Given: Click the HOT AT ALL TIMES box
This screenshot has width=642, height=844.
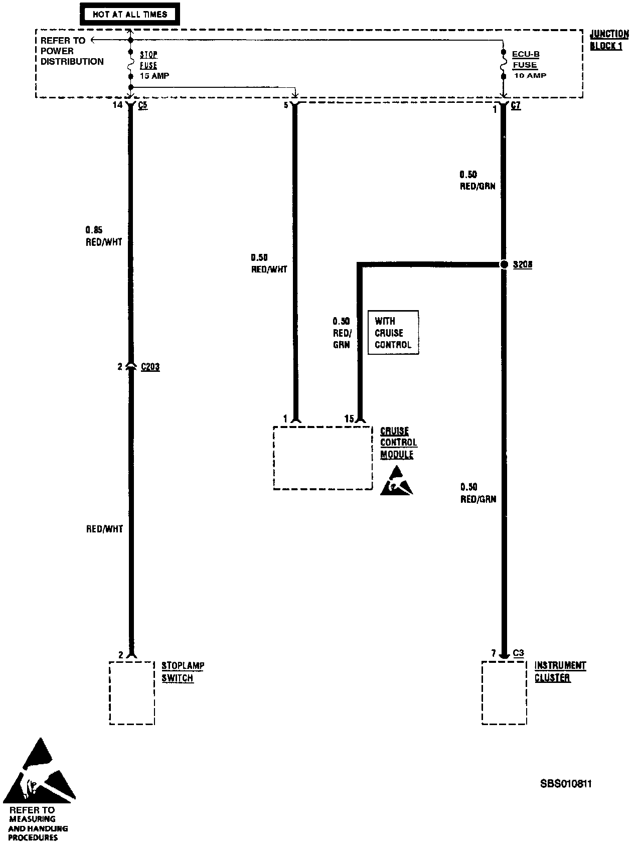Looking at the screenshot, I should click(129, 14).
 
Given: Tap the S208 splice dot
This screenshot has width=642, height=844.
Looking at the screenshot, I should click(504, 264).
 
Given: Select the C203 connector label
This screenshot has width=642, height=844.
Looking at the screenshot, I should click(150, 367).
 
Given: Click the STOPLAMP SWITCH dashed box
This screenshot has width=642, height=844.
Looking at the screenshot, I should click(132, 692).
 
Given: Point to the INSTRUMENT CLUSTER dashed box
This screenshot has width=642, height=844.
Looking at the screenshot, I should click(504, 692).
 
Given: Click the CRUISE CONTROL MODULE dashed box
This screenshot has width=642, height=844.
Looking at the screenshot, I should click(323, 458).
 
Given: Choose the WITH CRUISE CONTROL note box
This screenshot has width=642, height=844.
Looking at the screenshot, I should click(393, 333).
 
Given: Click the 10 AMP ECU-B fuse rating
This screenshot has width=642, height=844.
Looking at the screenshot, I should click(530, 76).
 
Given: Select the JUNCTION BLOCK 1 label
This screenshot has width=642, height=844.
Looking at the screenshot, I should click(608, 40).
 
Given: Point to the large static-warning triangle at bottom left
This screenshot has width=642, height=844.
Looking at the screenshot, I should click(40, 770).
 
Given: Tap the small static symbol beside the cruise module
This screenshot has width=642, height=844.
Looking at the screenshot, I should click(396, 481).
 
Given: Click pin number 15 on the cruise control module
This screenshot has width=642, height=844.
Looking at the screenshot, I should click(349, 418).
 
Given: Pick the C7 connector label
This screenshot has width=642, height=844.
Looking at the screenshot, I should click(516, 106).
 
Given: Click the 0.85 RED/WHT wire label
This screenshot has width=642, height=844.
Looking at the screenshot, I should click(103, 236).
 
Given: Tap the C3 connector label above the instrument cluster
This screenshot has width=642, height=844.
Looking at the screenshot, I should click(518, 653).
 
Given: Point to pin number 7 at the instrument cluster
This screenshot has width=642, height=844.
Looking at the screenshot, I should click(494, 653).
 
